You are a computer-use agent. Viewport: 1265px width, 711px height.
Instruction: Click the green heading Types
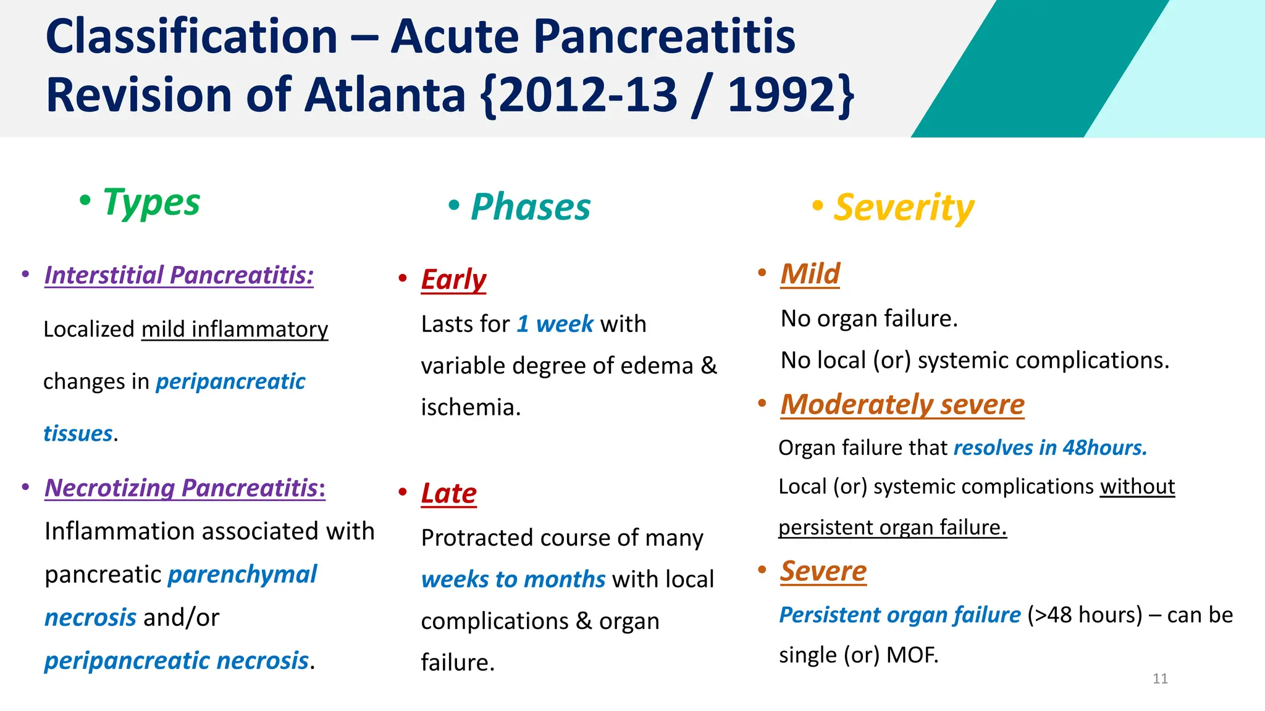(x=151, y=202)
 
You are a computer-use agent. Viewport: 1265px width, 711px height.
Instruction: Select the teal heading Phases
(x=530, y=207)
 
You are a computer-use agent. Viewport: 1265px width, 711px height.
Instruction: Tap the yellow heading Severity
(x=904, y=207)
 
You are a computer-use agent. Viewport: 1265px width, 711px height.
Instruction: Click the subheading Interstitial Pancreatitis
(x=179, y=275)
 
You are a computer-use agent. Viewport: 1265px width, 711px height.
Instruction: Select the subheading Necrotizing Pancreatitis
(x=185, y=488)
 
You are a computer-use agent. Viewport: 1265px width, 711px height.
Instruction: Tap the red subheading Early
(x=453, y=280)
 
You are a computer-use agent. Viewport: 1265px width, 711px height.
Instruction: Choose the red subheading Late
(x=449, y=494)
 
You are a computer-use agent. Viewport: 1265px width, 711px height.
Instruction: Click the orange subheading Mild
(x=810, y=273)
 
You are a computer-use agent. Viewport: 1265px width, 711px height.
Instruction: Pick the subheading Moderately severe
(x=902, y=405)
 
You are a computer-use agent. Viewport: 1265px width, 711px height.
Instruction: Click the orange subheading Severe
(x=823, y=572)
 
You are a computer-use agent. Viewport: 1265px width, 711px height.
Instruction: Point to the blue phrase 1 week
(x=555, y=324)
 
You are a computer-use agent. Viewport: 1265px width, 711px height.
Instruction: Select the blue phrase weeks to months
(x=513, y=580)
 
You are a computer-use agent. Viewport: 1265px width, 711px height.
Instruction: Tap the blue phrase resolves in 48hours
(x=1050, y=447)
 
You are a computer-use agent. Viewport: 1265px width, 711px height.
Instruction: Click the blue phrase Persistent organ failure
(x=899, y=615)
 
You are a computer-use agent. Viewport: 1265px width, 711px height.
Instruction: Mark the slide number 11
(x=1160, y=679)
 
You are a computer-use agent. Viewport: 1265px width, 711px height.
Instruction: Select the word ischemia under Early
(x=470, y=407)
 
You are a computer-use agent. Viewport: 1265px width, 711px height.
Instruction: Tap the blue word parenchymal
(x=242, y=575)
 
